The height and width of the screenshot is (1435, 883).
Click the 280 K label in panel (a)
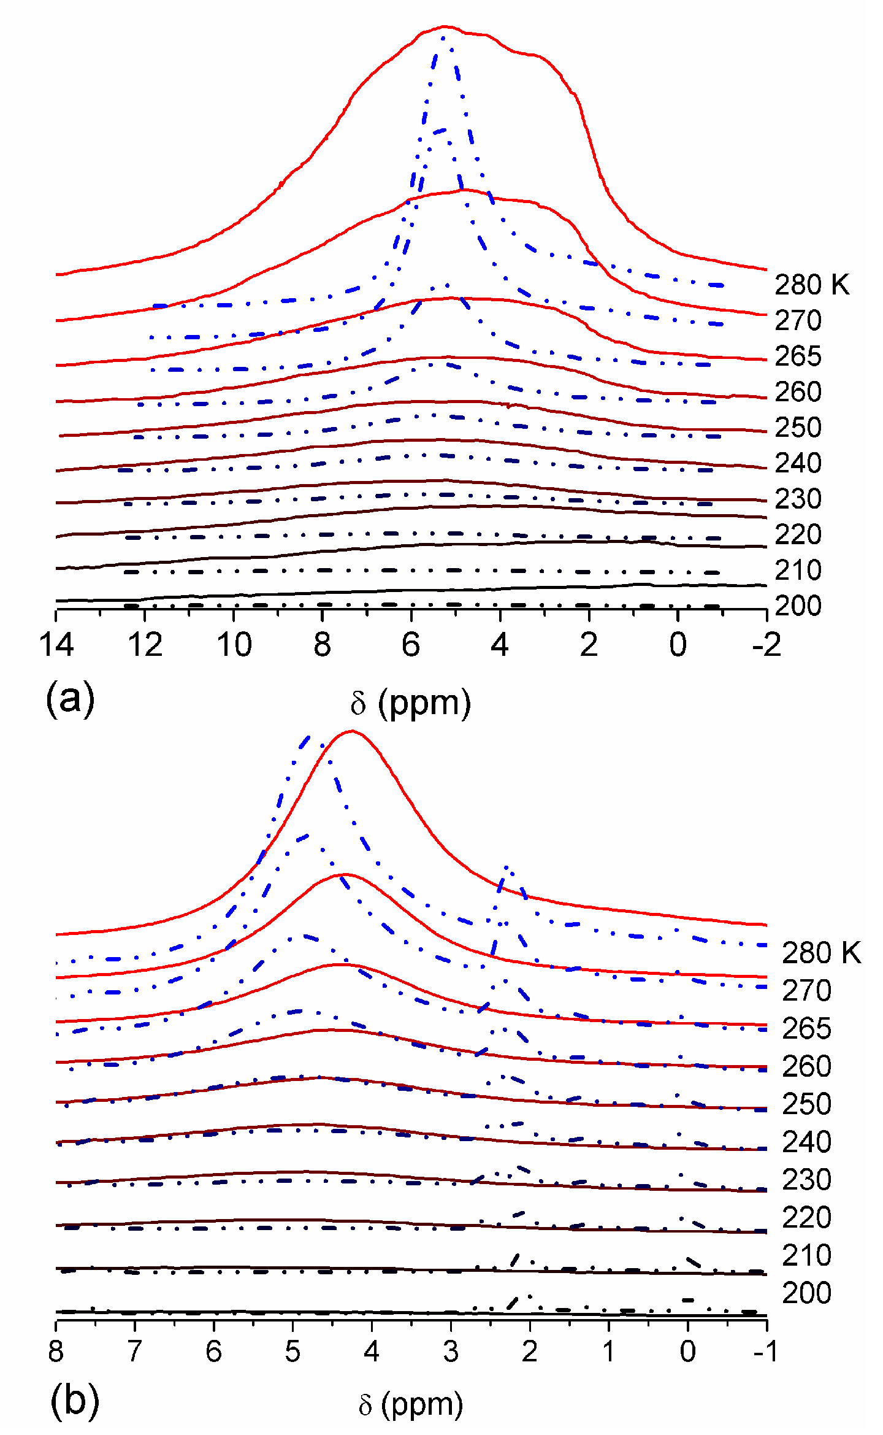pyautogui.click(x=811, y=285)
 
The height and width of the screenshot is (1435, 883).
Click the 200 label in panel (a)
pyautogui.click(x=798, y=606)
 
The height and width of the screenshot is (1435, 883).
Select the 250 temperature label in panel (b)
pyautogui.click(x=806, y=1104)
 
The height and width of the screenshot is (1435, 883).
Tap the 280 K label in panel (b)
pyautogui.click(x=821, y=953)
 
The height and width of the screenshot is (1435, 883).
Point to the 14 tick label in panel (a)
pyautogui.click(x=56, y=645)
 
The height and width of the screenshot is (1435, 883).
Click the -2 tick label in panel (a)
pyautogui.click(x=766, y=645)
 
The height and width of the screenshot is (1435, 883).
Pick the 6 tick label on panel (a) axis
pyautogui.click(x=411, y=645)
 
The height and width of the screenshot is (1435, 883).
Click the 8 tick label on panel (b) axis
pyautogui.click(x=56, y=1351)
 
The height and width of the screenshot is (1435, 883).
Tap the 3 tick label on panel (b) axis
pyautogui.click(x=451, y=1351)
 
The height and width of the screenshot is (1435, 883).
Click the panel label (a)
pyautogui.click(x=70, y=698)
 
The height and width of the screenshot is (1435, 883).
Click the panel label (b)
pyautogui.click(x=74, y=1401)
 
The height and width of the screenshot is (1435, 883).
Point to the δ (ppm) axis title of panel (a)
pyautogui.click(x=410, y=703)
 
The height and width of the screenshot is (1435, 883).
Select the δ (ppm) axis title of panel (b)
pyautogui.click(x=410, y=1404)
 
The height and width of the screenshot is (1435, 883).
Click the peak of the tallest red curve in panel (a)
pyautogui.click(x=445, y=26)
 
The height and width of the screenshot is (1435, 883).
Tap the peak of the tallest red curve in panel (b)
pyautogui.click(x=351, y=731)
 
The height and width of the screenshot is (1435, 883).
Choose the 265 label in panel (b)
pyautogui.click(x=806, y=1028)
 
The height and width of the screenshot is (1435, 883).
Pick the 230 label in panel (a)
pyautogui.click(x=798, y=499)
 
